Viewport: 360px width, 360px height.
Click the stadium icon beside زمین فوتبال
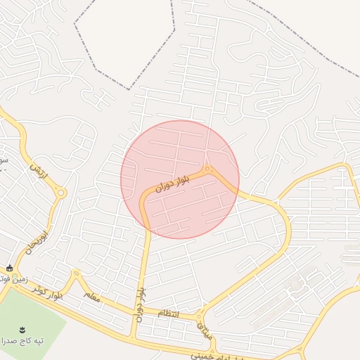(9, 268)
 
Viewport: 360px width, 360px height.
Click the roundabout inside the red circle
(208, 169)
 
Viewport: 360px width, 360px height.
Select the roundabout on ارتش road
(61, 193)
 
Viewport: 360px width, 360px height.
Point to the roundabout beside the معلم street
(76, 274)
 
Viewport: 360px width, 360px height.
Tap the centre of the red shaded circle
(180, 179)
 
